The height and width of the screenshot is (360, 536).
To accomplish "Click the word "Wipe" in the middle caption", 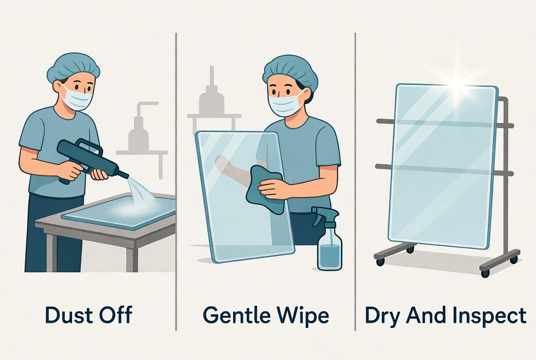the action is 303,315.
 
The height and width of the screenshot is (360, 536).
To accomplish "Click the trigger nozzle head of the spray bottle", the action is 325,214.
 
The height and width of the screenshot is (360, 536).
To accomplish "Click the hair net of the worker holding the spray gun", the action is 73,67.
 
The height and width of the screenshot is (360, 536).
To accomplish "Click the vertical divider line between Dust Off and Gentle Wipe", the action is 176,182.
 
